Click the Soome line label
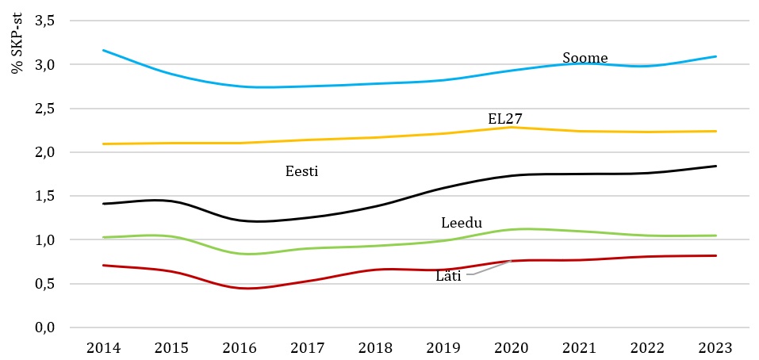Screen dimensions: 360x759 click(585, 58)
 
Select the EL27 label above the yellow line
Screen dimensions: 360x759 click(504, 119)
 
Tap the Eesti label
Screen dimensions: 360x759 click(301, 170)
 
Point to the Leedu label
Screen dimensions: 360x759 click(462, 223)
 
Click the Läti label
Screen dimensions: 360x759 click(448, 276)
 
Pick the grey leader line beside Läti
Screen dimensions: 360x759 click(489, 268)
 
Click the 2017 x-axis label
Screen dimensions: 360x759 click(306, 347)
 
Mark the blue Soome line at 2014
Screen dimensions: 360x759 click(103, 50)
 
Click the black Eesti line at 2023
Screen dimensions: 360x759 click(716, 166)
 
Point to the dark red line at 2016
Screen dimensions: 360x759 click(240, 288)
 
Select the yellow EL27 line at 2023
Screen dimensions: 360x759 click(716, 131)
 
